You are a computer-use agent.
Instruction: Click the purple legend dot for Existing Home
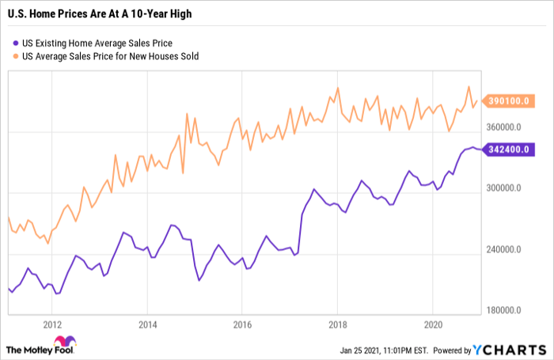pyautogui.click(x=16, y=44)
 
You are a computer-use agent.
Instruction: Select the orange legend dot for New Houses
pyautogui.click(x=16, y=56)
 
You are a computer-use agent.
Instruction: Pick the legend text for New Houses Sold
pyautogui.click(x=110, y=56)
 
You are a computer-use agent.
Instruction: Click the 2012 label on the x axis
pyautogui.click(x=52, y=324)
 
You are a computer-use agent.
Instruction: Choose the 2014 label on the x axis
pyautogui.click(x=147, y=324)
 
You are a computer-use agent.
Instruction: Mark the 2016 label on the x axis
pyautogui.click(x=242, y=324)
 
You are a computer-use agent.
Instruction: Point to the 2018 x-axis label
pyautogui.click(x=337, y=324)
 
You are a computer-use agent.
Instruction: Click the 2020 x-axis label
pyautogui.click(x=432, y=324)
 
